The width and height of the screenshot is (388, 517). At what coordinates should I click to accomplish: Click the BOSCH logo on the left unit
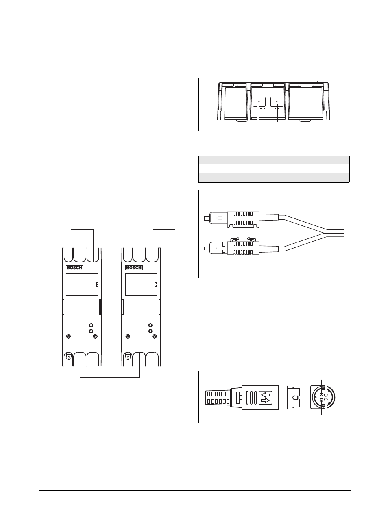(74, 268)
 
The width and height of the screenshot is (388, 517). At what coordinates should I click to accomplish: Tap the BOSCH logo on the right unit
(134, 268)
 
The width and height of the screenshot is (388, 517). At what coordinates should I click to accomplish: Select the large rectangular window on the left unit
(82, 285)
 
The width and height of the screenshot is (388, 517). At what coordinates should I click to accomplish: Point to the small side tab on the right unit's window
(156, 285)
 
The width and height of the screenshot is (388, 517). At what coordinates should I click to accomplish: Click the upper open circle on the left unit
(91, 325)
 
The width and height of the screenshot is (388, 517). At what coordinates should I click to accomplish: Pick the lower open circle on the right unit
(150, 331)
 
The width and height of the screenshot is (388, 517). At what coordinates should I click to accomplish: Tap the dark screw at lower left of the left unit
(68, 336)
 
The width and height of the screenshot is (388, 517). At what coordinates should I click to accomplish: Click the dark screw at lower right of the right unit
(155, 336)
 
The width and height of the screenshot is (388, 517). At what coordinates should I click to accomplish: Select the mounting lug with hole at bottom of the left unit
(69, 357)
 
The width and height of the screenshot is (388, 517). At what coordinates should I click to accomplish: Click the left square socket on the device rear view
(259, 102)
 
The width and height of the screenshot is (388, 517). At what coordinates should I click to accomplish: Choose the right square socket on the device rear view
(277, 102)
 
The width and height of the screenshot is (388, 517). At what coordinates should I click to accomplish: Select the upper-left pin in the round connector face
(321, 394)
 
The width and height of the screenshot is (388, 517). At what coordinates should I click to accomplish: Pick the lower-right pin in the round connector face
(326, 400)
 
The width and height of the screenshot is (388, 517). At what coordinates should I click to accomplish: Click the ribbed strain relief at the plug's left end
(218, 398)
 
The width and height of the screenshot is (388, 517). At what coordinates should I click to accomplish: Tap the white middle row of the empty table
(274, 169)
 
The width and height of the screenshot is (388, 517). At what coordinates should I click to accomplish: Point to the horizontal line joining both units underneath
(110, 377)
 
